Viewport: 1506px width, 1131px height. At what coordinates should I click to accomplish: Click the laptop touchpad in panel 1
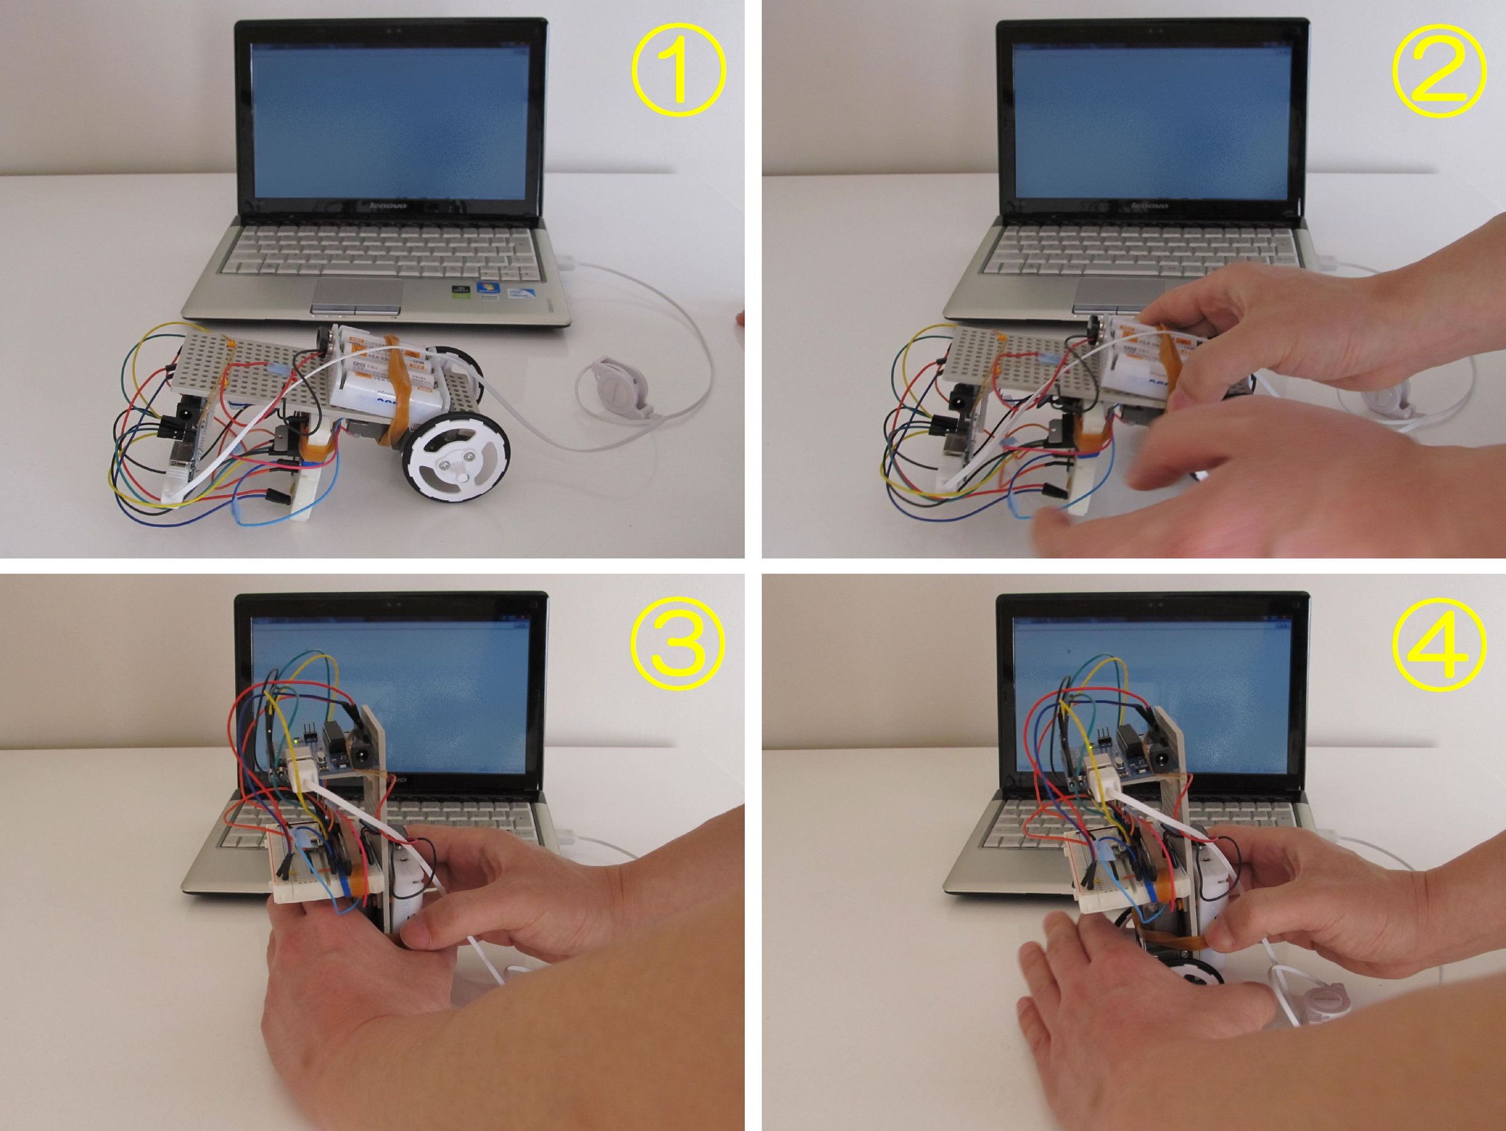[x=357, y=294]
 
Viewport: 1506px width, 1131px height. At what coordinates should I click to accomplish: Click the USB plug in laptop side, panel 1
[x=569, y=260]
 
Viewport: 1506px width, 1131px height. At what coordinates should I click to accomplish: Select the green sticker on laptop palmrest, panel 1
[x=462, y=294]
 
